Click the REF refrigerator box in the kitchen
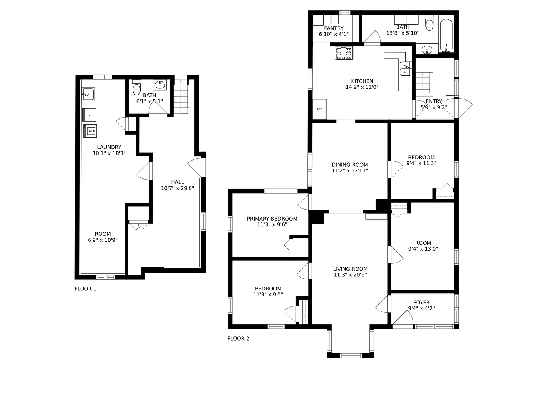(319, 109)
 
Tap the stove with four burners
(344, 53)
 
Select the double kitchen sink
(405, 69)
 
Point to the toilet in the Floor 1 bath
(136, 88)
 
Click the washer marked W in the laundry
(90, 131)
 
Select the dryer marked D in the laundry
(90, 115)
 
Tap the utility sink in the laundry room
(88, 94)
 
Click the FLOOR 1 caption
(85, 289)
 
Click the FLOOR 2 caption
(238, 338)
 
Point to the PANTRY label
(334, 28)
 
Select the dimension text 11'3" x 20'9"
(350, 275)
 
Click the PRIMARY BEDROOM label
(272, 219)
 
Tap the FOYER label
(421, 303)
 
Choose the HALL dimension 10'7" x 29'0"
(177, 188)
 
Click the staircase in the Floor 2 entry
(424, 84)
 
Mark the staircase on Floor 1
(182, 97)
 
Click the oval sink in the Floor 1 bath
(160, 85)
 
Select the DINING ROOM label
(350, 165)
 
